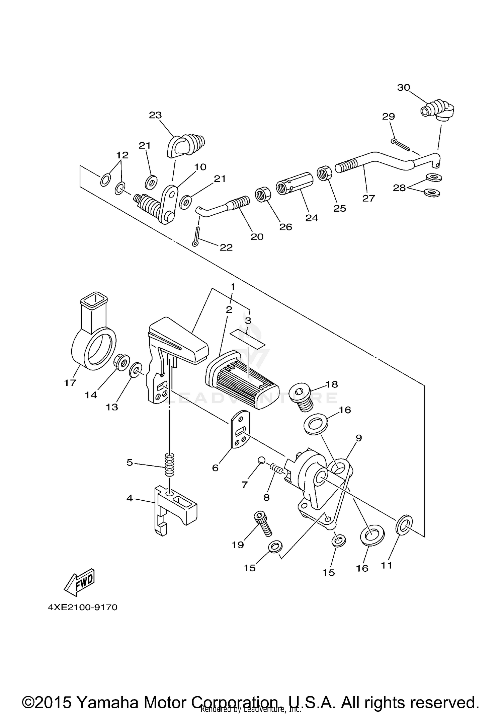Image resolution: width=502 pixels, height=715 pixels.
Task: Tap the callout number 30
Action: click(403, 87)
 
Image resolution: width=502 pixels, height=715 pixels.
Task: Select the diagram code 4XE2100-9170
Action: click(83, 607)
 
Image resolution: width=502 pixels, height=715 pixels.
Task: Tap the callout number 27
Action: click(368, 198)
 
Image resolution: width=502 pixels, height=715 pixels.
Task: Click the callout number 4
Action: click(130, 498)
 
